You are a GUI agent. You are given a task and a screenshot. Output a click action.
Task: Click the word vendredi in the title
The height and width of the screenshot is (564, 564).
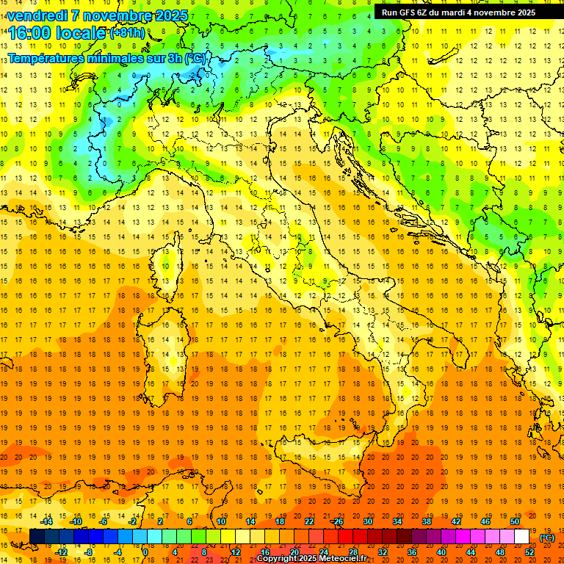pos(38,15)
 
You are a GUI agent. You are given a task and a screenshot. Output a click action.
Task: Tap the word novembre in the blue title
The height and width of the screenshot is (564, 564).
pos(115,15)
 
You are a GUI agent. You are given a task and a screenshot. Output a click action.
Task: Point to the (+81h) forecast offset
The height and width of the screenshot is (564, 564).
pos(127,33)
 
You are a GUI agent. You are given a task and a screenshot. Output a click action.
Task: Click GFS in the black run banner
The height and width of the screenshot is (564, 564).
pos(406,12)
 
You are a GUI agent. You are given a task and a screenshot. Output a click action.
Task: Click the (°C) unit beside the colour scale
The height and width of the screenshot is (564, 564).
pos(547,537)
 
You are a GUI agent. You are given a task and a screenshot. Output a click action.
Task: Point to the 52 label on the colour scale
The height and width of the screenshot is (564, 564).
pos(529,552)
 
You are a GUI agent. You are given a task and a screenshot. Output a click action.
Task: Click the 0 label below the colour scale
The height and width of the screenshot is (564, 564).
pos(145,552)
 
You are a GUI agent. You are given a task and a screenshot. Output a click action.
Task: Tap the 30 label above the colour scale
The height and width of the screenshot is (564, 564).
pos(367,521)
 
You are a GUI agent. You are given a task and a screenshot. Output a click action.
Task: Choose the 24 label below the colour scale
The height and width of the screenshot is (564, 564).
pos(323,552)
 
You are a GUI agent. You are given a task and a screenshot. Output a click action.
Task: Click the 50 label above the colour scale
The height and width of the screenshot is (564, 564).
pos(515,521)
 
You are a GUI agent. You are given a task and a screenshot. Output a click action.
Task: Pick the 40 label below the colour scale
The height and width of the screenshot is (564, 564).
pos(441,552)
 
